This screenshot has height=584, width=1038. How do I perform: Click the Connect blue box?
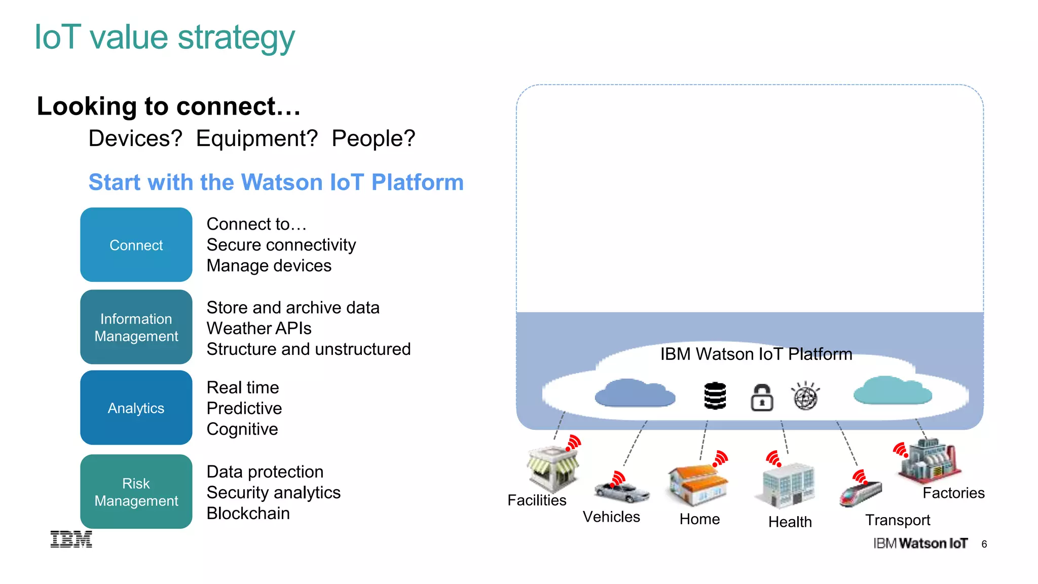click(x=136, y=245)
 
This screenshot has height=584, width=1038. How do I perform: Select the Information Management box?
click(x=136, y=327)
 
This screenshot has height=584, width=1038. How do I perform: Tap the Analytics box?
click(x=136, y=408)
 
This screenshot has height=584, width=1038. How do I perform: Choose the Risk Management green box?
click(x=136, y=492)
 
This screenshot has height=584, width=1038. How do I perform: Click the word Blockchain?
click(x=248, y=514)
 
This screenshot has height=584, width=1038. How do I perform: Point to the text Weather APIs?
click(x=258, y=328)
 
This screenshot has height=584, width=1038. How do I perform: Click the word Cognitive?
click(x=242, y=429)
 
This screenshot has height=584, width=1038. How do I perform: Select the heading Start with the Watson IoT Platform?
click(x=276, y=182)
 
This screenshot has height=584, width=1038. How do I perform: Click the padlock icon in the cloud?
click(x=761, y=397)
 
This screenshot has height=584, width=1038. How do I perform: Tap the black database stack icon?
click(x=715, y=396)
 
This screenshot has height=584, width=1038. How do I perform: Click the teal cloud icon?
click(x=892, y=391)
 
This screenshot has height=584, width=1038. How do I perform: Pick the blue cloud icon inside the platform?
click(x=635, y=393)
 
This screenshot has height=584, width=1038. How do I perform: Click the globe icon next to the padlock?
click(x=805, y=396)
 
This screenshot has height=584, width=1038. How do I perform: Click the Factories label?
click(x=953, y=493)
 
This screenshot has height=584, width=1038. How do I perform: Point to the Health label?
click(x=790, y=522)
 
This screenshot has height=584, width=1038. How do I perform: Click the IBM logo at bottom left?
click(x=71, y=539)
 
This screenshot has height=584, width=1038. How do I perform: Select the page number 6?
click(x=984, y=544)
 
